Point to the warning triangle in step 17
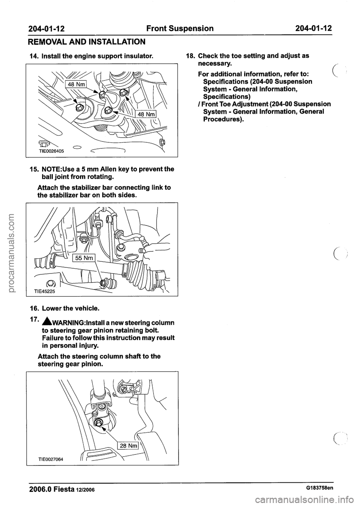click(x=42, y=323)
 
